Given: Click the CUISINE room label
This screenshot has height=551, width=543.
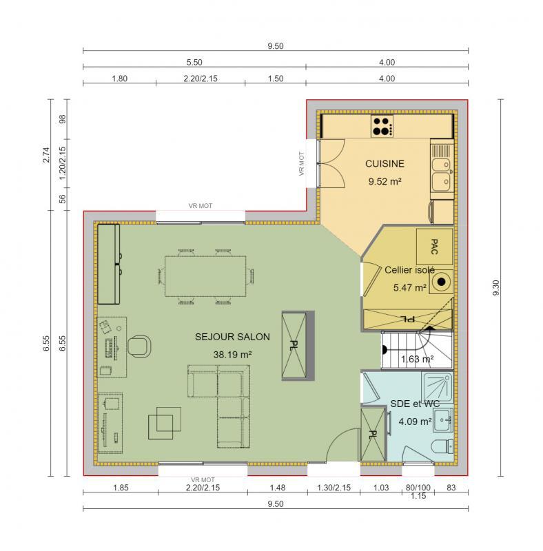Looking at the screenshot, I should [385, 164].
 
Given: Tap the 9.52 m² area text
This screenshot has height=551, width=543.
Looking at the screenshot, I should [385, 182].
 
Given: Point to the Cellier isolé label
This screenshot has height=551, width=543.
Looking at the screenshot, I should [409, 271].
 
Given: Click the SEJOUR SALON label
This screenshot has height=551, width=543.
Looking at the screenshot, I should [232, 337].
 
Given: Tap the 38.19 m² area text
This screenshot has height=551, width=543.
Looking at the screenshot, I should [232, 354].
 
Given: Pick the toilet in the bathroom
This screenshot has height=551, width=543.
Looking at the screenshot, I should [440, 448].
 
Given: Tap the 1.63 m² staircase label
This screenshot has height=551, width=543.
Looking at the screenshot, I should [417, 359].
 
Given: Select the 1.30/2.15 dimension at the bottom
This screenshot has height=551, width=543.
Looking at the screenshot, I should [334, 488].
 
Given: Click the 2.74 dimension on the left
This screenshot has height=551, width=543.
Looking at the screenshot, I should [46, 156].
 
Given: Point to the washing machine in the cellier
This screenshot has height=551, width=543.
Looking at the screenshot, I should [440, 281].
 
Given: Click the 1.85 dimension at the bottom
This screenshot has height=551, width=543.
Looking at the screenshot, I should [120, 488].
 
